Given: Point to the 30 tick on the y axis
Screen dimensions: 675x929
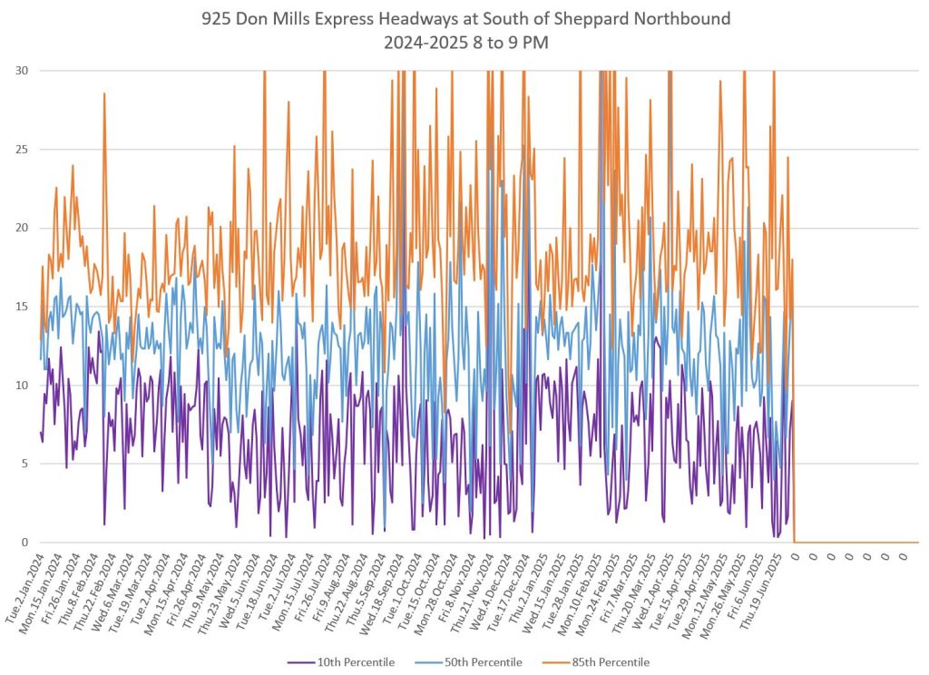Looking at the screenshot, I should coord(20,71).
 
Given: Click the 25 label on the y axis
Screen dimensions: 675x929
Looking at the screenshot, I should coord(20,150).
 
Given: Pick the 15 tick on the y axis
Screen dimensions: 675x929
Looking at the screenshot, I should coord(20,307).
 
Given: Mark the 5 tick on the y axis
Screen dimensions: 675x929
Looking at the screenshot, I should coord(23,465).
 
